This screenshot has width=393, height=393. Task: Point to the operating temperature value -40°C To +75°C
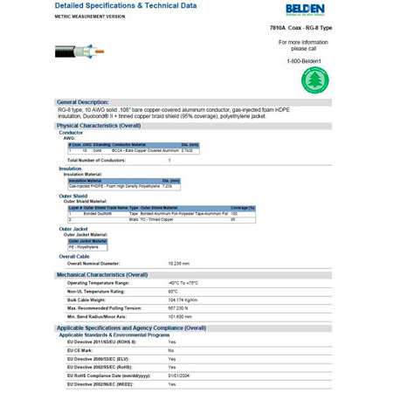click(187, 284)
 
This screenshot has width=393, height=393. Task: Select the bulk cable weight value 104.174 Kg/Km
click(185, 300)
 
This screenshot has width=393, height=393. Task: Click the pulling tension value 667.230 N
click(180, 308)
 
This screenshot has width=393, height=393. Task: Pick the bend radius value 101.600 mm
click(181, 317)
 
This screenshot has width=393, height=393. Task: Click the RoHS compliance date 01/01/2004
click(181, 376)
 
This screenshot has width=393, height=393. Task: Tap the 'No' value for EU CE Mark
click(170, 350)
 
